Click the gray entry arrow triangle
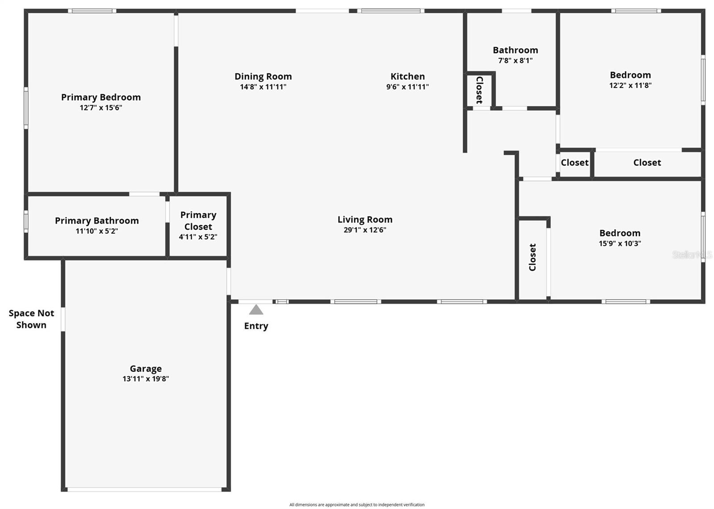click(x=256, y=310)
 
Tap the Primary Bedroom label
click(x=101, y=97)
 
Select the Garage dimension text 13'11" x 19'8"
click(x=145, y=379)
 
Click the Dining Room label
click(x=263, y=76)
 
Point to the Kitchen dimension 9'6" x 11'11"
click(x=407, y=87)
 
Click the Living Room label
click(x=365, y=219)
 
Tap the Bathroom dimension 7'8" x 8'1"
click(x=515, y=61)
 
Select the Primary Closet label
click(x=198, y=221)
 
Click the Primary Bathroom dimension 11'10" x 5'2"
click(x=97, y=231)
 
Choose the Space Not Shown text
click(x=31, y=319)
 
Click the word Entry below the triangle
click(x=256, y=326)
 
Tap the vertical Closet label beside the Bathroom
click(x=479, y=90)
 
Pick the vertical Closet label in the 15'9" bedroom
click(x=532, y=257)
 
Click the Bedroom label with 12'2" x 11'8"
click(x=630, y=75)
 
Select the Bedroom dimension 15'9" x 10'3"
click(x=620, y=244)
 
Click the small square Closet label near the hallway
click(x=574, y=163)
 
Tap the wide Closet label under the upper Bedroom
click(x=647, y=163)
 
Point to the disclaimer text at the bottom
click(x=357, y=505)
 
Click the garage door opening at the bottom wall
click(x=145, y=489)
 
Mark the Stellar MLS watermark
click(x=692, y=255)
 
